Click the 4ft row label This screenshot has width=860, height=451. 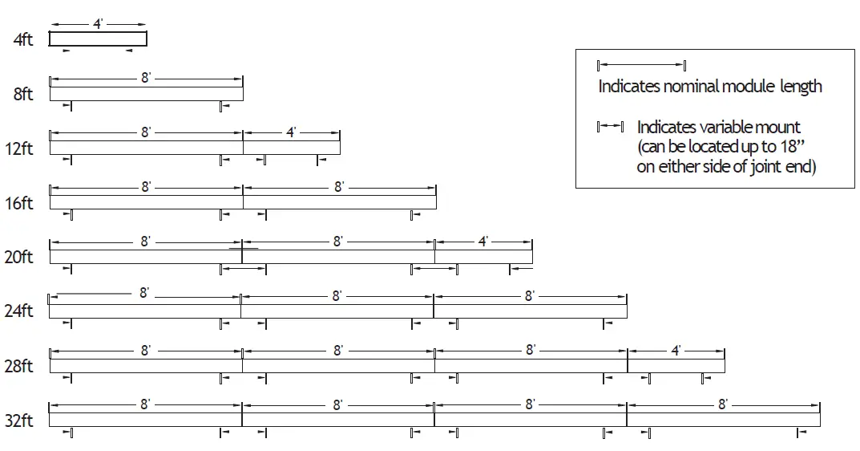pyautogui.click(x=23, y=39)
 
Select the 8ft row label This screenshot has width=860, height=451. pyautogui.click(x=23, y=94)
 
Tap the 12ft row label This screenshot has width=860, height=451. pyautogui.click(x=20, y=148)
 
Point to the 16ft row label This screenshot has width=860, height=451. pyautogui.click(x=20, y=203)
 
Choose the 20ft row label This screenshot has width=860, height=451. pyautogui.click(x=20, y=257)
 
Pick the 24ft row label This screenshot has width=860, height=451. pyautogui.click(x=20, y=311)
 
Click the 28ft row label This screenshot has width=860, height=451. pyautogui.click(x=20, y=366)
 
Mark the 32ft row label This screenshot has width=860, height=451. pyautogui.click(x=20, y=421)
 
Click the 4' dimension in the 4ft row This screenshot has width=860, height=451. pyautogui.click(x=98, y=24)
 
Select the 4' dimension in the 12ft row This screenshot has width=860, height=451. pyautogui.click(x=291, y=132)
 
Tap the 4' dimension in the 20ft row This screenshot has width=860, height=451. pyautogui.click(x=483, y=241)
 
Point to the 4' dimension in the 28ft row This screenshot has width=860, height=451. pyautogui.click(x=676, y=350)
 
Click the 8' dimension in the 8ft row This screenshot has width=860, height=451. pyautogui.click(x=146, y=78)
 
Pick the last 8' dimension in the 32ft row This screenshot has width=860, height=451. pyautogui.click(x=722, y=404)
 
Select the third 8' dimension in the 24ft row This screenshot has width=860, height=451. pyautogui.click(x=529, y=295)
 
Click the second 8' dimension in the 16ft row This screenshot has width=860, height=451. pyautogui.click(x=339, y=187)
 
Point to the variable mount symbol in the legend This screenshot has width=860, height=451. pyautogui.click(x=610, y=127)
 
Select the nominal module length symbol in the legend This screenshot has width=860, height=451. pyautogui.click(x=642, y=65)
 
